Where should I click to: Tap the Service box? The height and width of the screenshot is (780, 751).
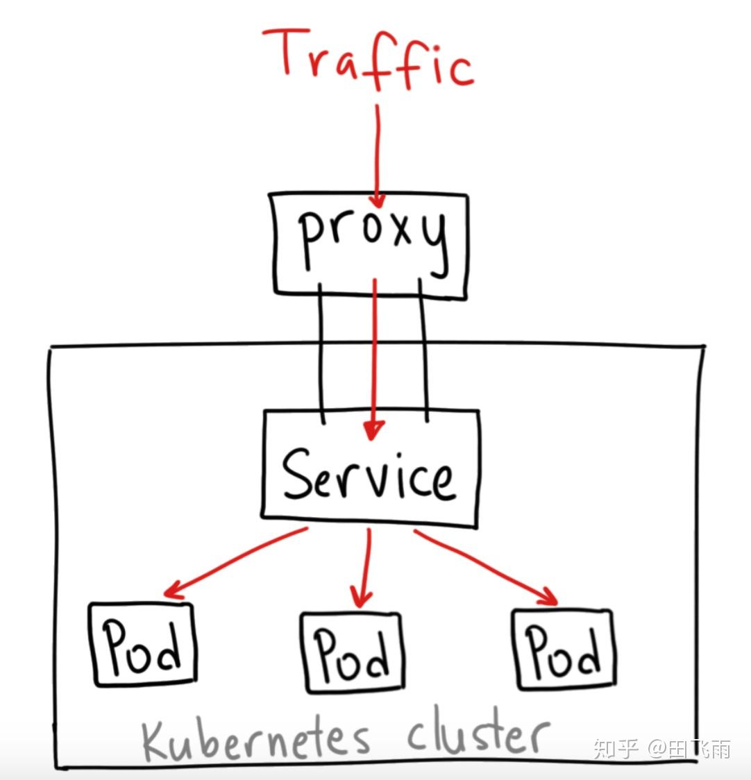coord(371,464)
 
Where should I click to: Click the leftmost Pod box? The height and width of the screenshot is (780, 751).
coord(143,645)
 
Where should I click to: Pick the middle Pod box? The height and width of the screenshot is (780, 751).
coord(353,652)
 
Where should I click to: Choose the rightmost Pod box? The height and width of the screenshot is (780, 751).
coord(564,649)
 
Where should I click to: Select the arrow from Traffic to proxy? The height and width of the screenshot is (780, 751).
coord(378,153)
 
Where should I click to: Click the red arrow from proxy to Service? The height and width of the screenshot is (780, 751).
coord(374,354)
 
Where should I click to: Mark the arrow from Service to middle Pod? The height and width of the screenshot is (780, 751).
coord(364,566)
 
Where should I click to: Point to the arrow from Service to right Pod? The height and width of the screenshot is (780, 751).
coord(486,566)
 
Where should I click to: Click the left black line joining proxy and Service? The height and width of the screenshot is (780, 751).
coord(320,354)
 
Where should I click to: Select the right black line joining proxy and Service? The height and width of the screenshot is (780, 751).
coord(423,354)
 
